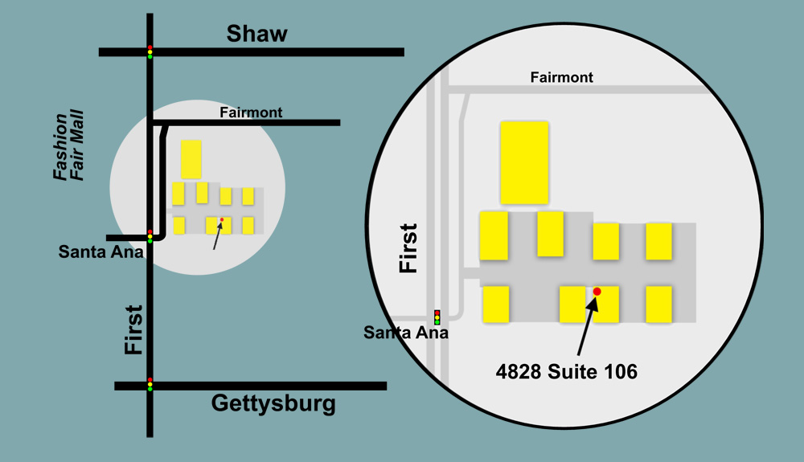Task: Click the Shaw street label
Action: (x=257, y=34)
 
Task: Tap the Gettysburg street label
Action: (x=273, y=403)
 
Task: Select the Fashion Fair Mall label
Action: (x=68, y=147)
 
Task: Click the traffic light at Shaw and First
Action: (x=150, y=51)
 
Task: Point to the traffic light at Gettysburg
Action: (x=150, y=385)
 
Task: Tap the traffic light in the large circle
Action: (x=437, y=317)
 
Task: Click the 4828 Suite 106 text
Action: (x=567, y=371)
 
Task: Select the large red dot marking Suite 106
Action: (x=597, y=292)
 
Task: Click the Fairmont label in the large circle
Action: (x=562, y=77)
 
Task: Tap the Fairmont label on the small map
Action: (x=251, y=112)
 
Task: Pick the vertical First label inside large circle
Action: (x=408, y=248)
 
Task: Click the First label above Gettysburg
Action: (x=133, y=329)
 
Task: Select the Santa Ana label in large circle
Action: (x=404, y=332)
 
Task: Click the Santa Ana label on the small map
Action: (x=100, y=251)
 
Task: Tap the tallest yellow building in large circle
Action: (x=524, y=162)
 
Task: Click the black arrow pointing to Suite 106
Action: (x=587, y=325)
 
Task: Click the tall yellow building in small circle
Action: (x=191, y=159)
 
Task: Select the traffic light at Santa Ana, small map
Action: (x=150, y=236)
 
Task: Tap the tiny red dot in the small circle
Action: (x=222, y=219)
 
